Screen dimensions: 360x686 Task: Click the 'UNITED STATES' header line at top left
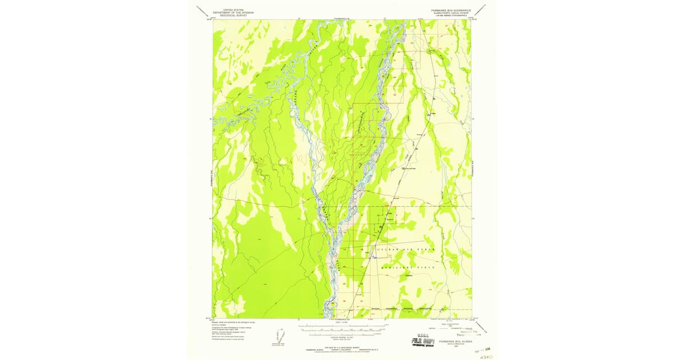click(x=233, y=10)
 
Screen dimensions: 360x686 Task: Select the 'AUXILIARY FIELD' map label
click(x=412, y=267)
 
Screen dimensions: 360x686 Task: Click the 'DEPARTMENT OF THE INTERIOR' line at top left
click(x=233, y=13)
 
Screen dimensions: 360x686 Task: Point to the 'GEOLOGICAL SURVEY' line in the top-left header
click(x=233, y=15)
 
